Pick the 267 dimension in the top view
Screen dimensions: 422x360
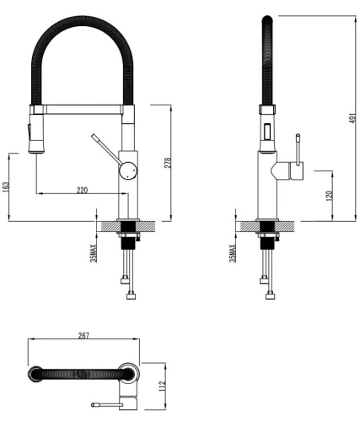click(x=83, y=336)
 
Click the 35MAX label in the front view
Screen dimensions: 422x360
click(x=94, y=251)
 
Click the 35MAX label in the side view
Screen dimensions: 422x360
click(x=233, y=251)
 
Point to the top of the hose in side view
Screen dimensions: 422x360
click(x=267, y=19)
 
